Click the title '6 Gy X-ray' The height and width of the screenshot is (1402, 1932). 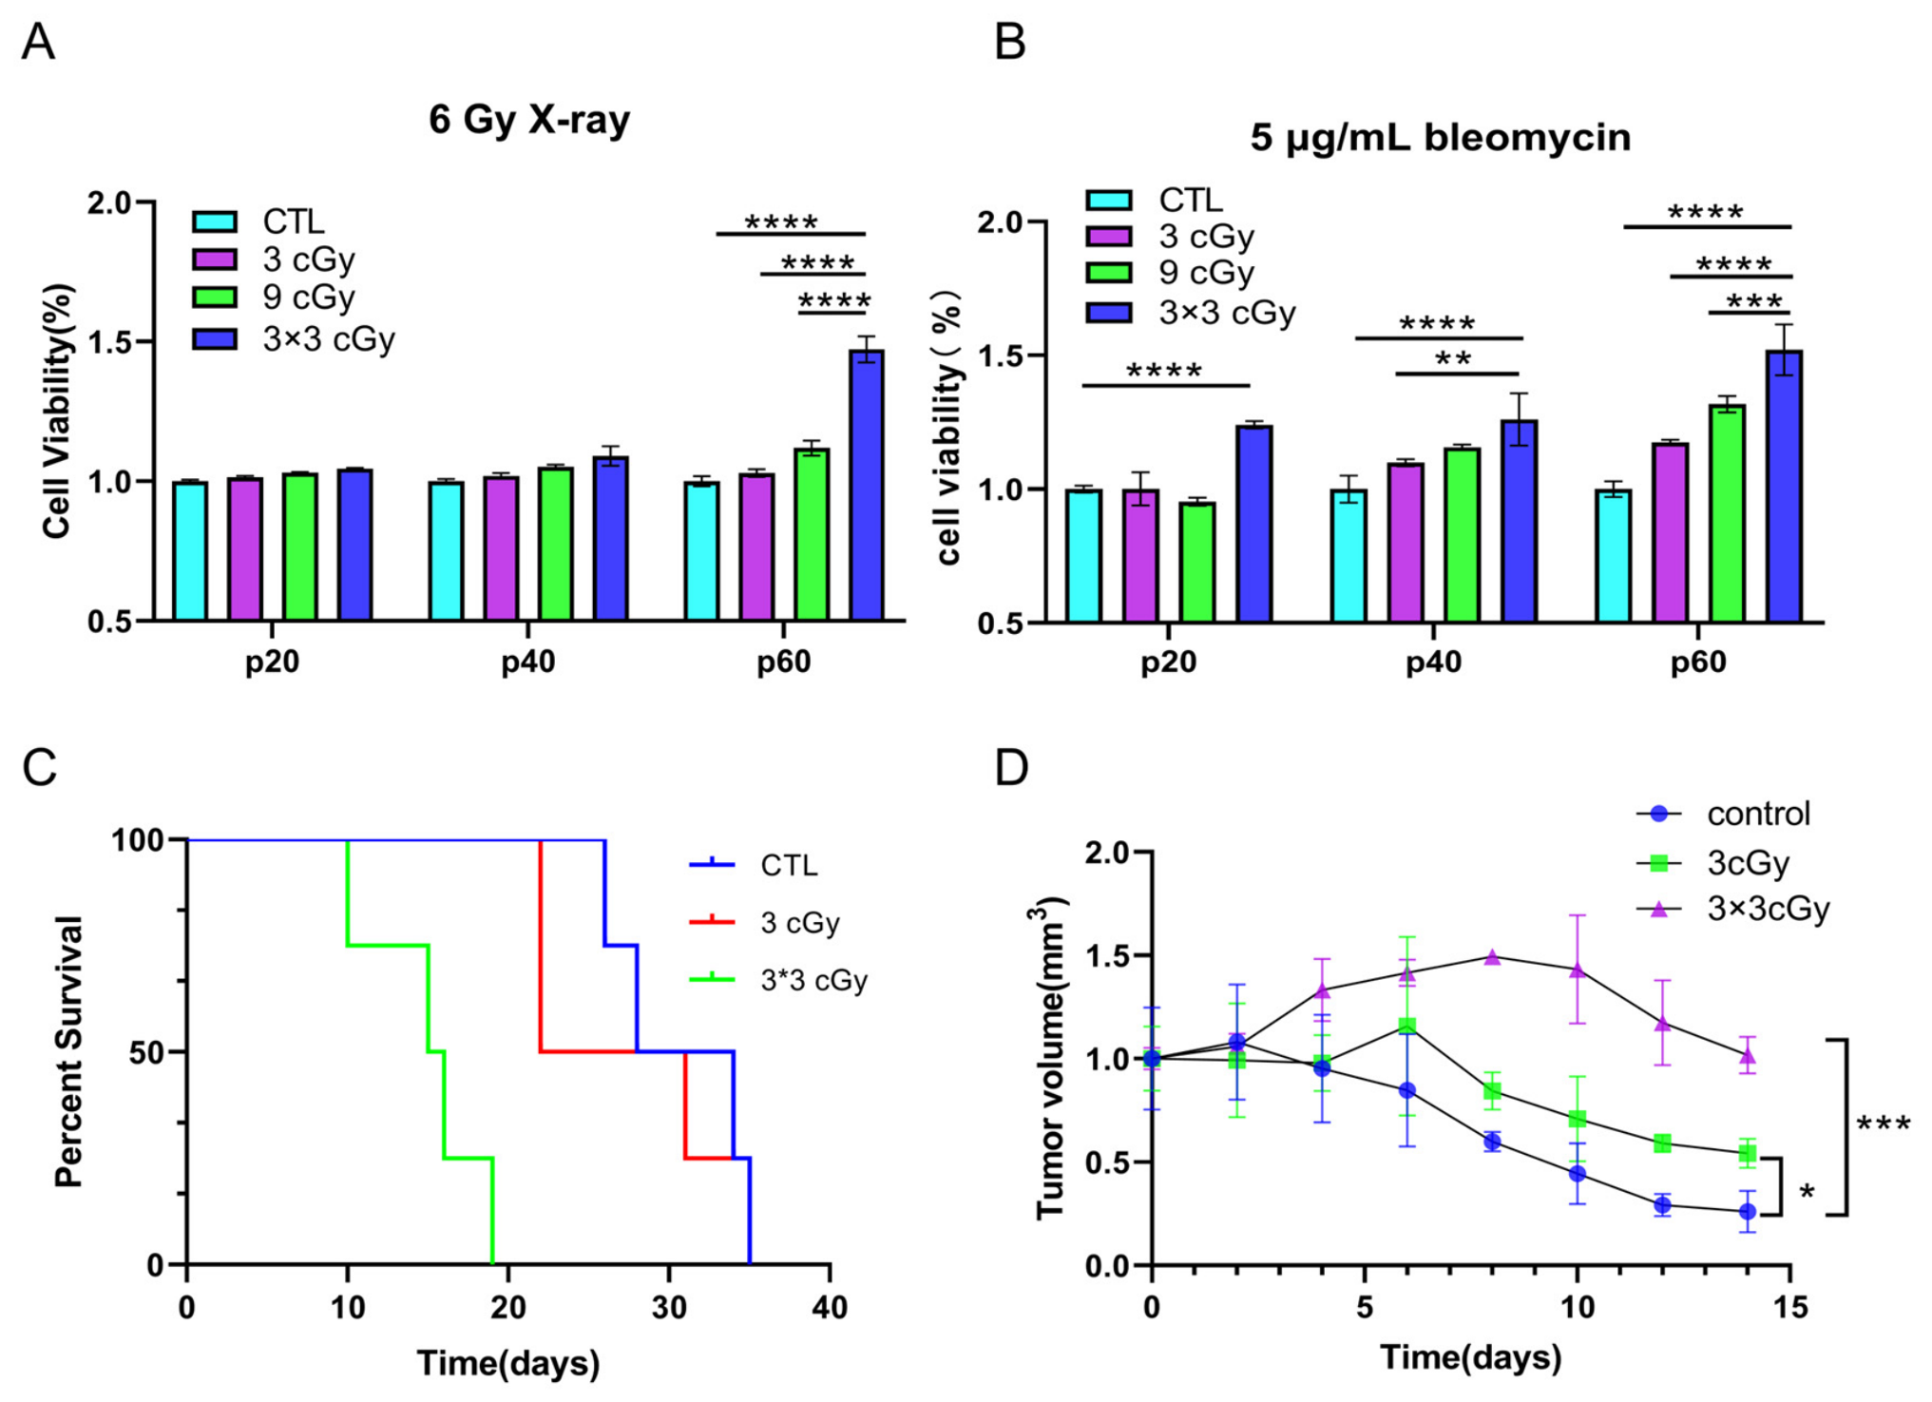click(x=529, y=121)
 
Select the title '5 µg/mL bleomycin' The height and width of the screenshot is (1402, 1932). click(x=1440, y=139)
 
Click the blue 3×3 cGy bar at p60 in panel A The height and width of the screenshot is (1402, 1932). click(x=867, y=486)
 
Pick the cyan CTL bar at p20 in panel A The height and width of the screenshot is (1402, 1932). click(x=190, y=551)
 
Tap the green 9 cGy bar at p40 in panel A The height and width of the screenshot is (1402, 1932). click(x=556, y=545)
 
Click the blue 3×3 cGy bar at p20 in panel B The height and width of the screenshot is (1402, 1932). click(x=1254, y=524)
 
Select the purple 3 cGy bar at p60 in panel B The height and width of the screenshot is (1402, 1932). click(x=1671, y=533)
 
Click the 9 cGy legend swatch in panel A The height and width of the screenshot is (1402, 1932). click(x=215, y=297)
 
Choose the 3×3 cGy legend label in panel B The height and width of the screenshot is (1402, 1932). click(x=1227, y=313)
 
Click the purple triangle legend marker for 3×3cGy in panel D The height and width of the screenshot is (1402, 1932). click(x=1659, y=910)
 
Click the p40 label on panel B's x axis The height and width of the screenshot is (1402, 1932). click(x=1433, y=663)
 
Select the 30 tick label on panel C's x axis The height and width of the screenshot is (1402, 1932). click(x=669, y=1308)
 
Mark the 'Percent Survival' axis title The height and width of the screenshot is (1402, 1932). click(x=69, y=1052)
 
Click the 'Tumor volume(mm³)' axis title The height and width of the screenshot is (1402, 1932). click(x=1049, y=1058)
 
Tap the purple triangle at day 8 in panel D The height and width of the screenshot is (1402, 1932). click(x=1492, y=956)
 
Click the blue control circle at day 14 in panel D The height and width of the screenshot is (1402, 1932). click(x=1747, y=1212)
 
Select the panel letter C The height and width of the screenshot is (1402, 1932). click(x=40, y=766)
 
